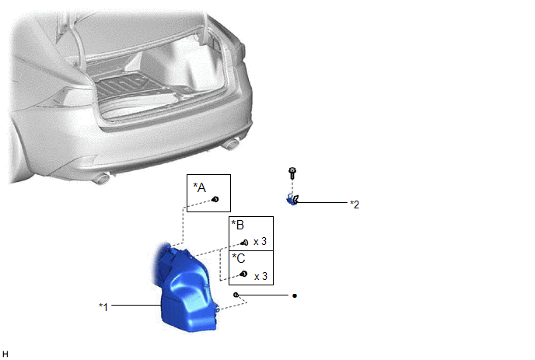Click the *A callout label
pos(200,187)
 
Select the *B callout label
pos(238,225)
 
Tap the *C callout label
pos(239,258)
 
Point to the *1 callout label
pos(103,307)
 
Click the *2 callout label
pos(355,204)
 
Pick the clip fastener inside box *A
pos(215,199)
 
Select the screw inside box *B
pos(244,243)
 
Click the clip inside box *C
pos(243,274)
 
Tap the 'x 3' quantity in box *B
pos(260,242)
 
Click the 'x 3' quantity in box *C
pos(261,276)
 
